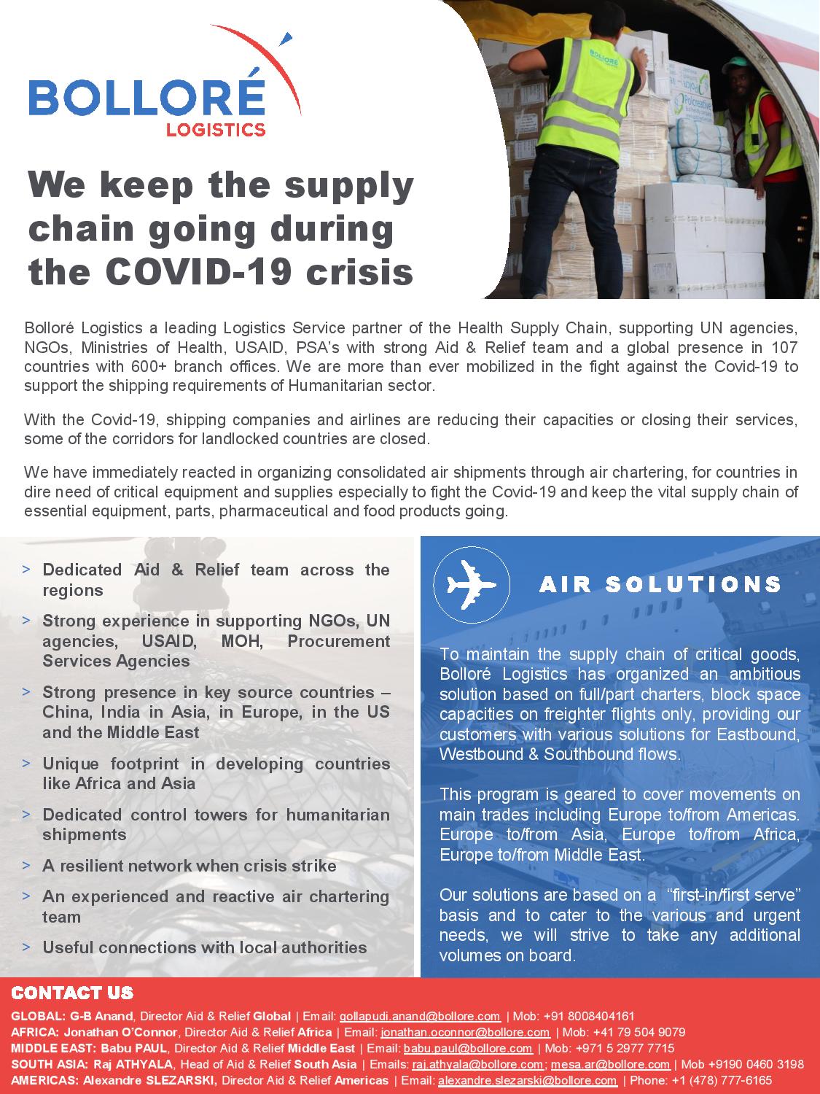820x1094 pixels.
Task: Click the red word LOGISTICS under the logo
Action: click(x=216, y=131)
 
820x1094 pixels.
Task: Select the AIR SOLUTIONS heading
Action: click(x=660, y=584)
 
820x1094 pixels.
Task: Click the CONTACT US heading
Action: click(x=73, y=993)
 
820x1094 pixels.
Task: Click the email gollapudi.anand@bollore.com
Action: click(x=420, y=1016)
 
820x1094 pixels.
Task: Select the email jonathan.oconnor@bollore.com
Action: click(x=465, y=1032)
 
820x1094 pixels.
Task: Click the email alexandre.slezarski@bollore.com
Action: click(x=527, y=1080)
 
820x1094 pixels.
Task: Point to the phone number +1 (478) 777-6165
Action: click(x=726, y=1080)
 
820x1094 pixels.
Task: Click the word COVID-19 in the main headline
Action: click(x=197, y=272)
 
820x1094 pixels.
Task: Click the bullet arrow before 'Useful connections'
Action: click(x=27, y=947)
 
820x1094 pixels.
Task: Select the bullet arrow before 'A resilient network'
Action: click(x=27, y=865)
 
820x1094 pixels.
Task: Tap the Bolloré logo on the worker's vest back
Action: click(x=606, y=55)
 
